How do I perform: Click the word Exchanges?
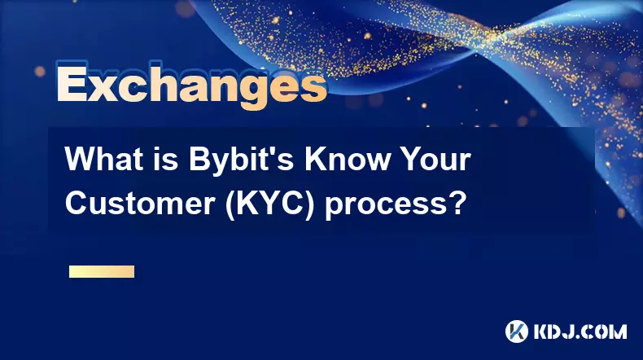click(191, 85)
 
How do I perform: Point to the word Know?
click(347, 160)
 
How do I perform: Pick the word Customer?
click(140, 203)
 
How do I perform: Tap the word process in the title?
click(386, 206)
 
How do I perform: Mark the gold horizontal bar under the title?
click(102, 271)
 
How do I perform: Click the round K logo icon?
click(517, 331)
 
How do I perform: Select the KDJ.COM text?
click(580, 331)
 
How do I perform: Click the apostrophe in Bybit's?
click(274, 151)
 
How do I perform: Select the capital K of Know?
click(315, 160)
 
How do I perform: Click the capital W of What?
click(81, 160)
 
